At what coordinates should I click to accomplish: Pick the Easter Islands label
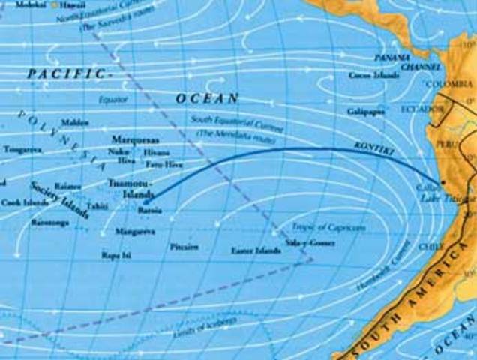256,250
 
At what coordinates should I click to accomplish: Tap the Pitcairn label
184,246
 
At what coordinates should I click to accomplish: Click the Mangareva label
137,232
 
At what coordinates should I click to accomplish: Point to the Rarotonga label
49,223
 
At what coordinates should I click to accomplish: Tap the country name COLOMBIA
450,84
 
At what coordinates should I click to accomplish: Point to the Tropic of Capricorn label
314,226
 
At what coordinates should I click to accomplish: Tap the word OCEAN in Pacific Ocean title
208,98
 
